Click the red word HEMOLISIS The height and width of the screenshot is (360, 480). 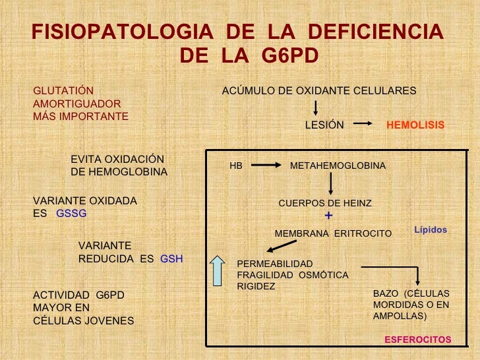pyautogui.click(x=415, y=125)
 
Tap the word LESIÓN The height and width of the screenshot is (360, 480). pyautogui.click(x=324, y=125)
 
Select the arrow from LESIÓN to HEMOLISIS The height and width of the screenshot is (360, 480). pyautogui.click(x=365, y=124)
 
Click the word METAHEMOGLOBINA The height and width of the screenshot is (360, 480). pyautogui.click(x=338, y=166)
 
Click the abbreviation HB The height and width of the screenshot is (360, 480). pyautogui.click(x=235, y=166)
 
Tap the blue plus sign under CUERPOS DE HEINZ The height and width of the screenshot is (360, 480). pyautogui.click(x=328, y=216)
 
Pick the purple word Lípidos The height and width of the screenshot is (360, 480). pyautogui.click(x=431, y=230)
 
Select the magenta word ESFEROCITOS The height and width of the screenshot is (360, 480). pyautogui.click(x=418, y=340)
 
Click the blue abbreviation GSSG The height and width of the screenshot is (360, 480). pyautogui.click(x=71, y=214)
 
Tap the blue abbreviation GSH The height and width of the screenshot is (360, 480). pyautogui.click(x=171, y=259)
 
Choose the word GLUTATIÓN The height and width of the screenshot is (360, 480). pyautogui.click(x=63, y=90)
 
